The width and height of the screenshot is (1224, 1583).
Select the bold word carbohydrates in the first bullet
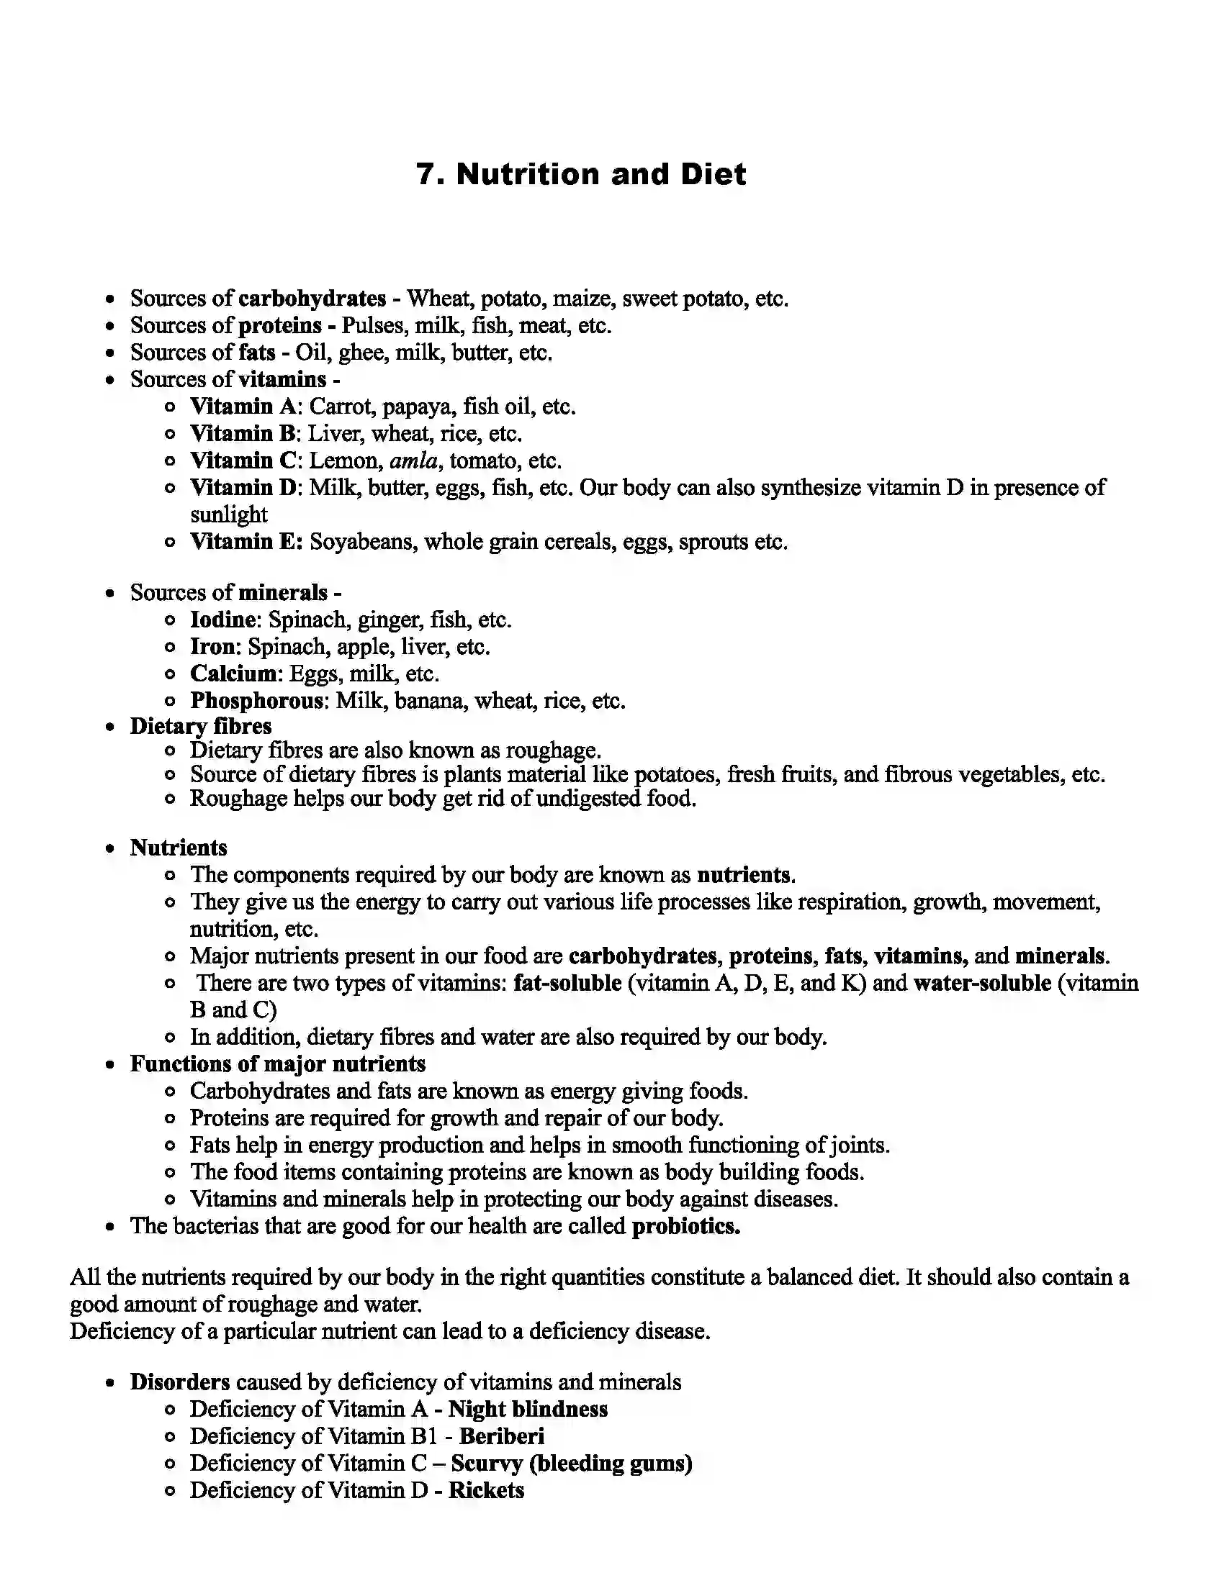pos(312,299)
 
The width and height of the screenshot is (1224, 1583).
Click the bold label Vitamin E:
pos(246,542)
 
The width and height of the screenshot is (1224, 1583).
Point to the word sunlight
pos(228,514)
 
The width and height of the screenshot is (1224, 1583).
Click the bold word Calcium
pos(233,674)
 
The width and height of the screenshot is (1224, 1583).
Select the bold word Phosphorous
pos(257,701)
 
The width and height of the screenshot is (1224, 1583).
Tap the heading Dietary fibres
pos(201,726)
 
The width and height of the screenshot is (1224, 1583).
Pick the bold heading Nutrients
pos(179,848)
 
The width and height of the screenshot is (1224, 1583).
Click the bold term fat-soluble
pos(567,984)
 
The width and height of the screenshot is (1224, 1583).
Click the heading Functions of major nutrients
pos(278,1064)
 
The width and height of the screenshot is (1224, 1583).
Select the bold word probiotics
pos(686,1226)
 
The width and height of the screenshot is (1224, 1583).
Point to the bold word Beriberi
pos(502,1437)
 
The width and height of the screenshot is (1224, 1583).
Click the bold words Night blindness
pos(528,1409)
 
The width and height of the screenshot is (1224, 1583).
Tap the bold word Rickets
pos(486,1490)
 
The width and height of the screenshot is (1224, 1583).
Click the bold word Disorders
pos(180,1382)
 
